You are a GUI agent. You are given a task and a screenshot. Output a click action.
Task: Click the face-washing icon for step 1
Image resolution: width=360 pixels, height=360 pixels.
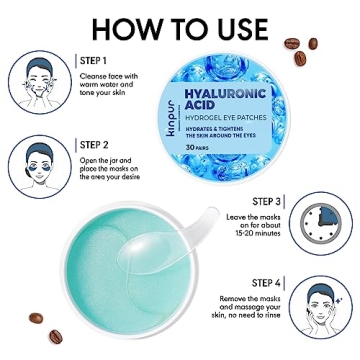coord(40,80)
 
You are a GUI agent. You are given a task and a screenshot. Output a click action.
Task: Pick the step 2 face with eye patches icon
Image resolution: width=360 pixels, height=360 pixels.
coord(40,164)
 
